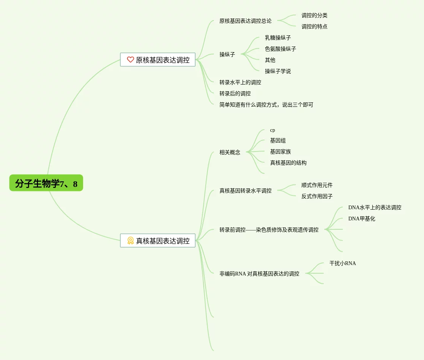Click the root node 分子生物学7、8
(46, 183)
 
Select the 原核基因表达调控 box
(158, 60)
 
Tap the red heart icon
(130, 60)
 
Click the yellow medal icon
(130, 240)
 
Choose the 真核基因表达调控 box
(158, 240)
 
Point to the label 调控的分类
(314, 15)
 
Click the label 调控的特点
(314, 26)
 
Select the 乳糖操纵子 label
(278, 38)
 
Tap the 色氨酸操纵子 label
(280, 49)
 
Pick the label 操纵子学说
(278, 71)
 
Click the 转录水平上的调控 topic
(240, 82)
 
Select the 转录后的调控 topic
(235, 93)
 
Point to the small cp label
(272, 130)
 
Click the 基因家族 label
(280, 152)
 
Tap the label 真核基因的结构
(288, 163)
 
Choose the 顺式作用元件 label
(317, 185)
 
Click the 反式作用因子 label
(317, 196)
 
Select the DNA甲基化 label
(361, 219)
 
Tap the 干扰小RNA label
(342, 263)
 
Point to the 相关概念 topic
(230, 152)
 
